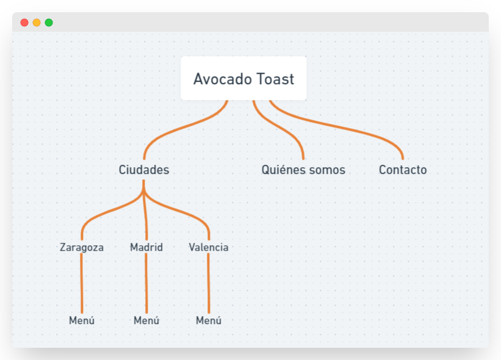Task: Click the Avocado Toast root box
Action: pos(243,78)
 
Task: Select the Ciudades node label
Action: pos(143,170)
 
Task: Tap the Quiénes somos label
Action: pos(303,170)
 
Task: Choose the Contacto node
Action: pos(403,170)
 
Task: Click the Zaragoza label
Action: pos(82,247)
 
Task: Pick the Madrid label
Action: pos(146,247)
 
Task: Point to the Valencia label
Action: pos(209,247)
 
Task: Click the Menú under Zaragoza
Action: pos(82,320)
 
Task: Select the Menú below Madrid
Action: pos(146,320)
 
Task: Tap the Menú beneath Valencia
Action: pos(209,320)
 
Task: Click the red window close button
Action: pos(24,23)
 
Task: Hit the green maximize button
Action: pos(49,23)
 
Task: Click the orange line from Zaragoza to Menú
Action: pos(82,284)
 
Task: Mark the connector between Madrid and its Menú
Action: pos(146,284)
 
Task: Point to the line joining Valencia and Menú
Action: pos(209,284)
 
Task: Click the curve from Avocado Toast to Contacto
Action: pos(342,129)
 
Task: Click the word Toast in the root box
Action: pos(275,79)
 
